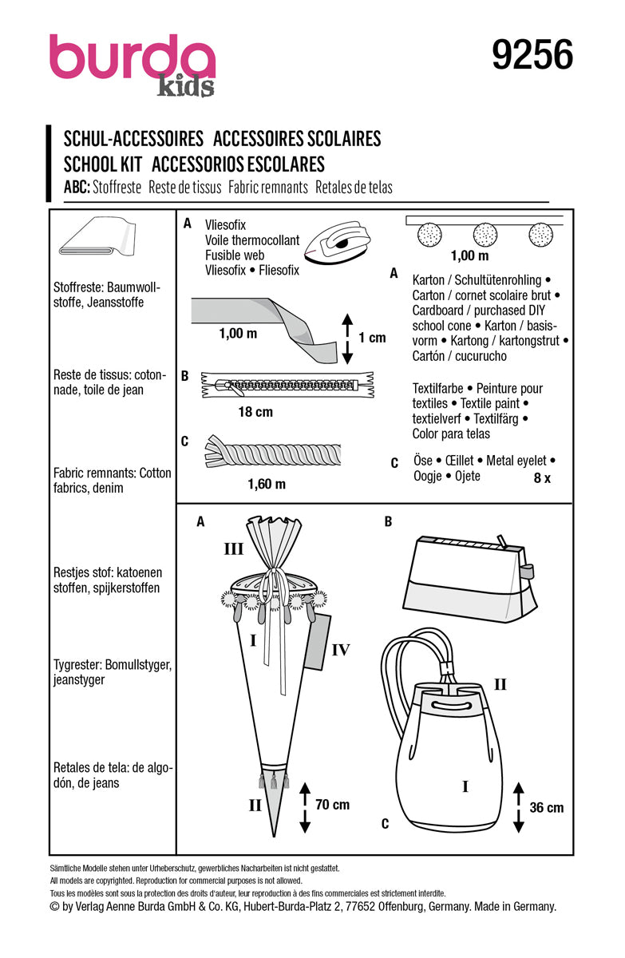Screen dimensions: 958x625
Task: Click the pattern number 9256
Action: [x=532, y=56]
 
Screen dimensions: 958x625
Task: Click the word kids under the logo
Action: [x=185, y=87]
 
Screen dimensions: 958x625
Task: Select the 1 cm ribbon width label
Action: [x=371, y=337]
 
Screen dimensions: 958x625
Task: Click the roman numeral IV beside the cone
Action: [x=341, y=650]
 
